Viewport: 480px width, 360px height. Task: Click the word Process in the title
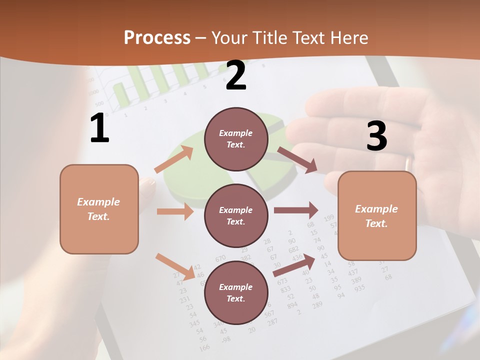click(x=157, y=38)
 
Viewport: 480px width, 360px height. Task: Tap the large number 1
click(x=99, y=128)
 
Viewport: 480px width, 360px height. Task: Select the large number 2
click(x=235, y=75)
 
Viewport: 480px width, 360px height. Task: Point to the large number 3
click(x=376, y=136)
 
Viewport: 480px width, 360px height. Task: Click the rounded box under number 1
click(x=99, y=209)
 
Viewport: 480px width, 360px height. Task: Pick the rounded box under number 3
click(x=377, y=215)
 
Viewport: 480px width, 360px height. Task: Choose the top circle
click(x=235, y=139)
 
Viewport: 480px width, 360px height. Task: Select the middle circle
click(x=235, y=215)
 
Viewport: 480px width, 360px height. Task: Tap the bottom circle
click(x=235, y=292)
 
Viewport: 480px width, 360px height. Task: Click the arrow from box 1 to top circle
click(x=174, y=159)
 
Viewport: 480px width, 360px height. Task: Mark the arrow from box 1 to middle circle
click(x=175, y=211)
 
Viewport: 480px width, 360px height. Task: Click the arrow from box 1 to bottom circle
click(x=175, y=266)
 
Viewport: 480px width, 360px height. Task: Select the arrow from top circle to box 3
click(x=297, y=160)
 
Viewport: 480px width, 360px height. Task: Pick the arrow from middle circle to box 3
click(x=296, y=210)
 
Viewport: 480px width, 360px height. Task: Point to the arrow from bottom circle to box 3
click(x=294, y=265)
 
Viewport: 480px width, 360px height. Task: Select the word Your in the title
click(x=228, y=38)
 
